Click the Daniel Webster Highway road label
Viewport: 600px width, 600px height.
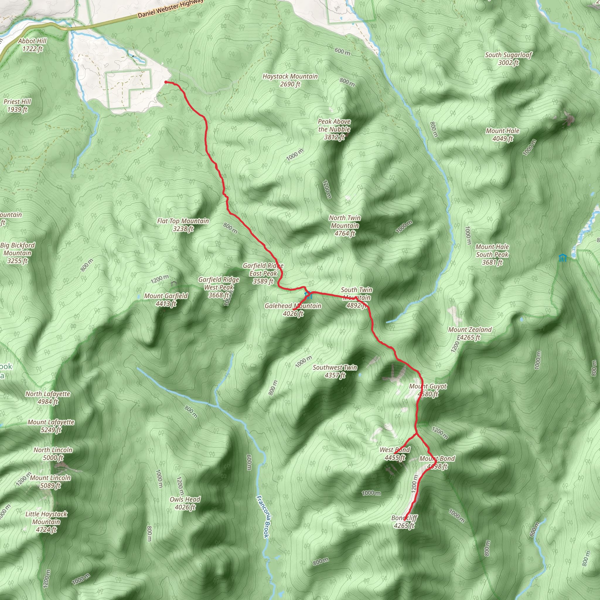pos(170,9)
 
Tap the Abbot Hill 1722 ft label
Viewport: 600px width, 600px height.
pos(32,45)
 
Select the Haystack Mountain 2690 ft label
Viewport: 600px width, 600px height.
pos(290,80)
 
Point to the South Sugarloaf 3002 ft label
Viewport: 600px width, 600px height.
pos(508,59)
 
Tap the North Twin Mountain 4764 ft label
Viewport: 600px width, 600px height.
pos(345,226)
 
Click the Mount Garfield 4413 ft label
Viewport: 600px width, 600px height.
pos(166,300)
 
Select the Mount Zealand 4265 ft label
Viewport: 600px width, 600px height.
pos(470,333)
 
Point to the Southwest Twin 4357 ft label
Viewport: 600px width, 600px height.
pos(335,371)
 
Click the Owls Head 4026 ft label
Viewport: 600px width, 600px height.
pos(185,503)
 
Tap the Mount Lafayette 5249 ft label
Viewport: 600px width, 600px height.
pos(51,426)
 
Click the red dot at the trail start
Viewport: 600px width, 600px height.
pos(166,82)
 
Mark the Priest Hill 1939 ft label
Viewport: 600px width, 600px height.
pos(17,105)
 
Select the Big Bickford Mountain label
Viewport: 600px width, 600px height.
pos(17,253)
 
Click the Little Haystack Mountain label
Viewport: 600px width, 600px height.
pos(46,522)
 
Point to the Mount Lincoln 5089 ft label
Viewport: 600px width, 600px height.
pos(50,481)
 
